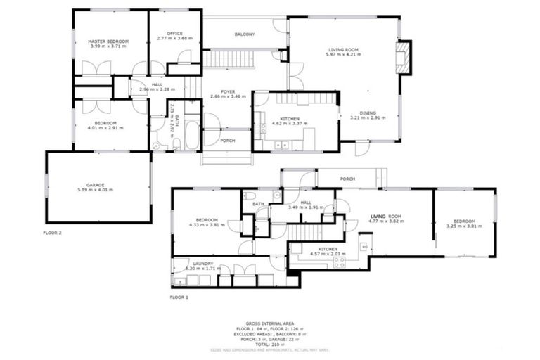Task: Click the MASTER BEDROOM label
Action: point(108,41)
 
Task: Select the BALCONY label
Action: point(244,34)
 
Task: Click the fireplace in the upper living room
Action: point(403,57)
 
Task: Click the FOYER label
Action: point(228,92)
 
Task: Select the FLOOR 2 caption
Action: point(53,232)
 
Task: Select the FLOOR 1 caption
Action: point(181,297)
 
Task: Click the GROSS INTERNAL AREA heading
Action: point(269,323)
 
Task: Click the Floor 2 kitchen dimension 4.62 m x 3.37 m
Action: point(290,124)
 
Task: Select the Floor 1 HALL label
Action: point(304,202)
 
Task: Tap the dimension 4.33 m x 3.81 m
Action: point(210,224)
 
